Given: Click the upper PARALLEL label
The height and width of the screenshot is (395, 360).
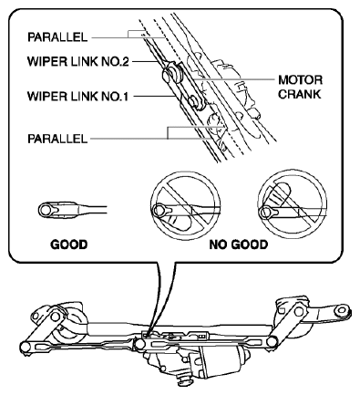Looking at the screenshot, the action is (57, 37).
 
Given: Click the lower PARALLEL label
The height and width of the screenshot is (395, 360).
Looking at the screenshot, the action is (57, 139).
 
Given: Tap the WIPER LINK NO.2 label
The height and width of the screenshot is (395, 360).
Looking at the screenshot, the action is (78, 61).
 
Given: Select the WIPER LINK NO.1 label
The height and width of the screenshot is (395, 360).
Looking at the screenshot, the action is (78, 97).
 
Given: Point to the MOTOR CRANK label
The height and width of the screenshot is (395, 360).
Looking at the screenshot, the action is (300, 87).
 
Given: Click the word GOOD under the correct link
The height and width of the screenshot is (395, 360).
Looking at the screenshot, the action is (69, 244).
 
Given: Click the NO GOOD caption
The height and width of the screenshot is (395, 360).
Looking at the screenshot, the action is (239, 244).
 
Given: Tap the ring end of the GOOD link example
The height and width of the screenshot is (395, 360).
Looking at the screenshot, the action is (46, 210).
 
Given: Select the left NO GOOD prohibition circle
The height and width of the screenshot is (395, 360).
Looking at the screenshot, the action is (185, 206).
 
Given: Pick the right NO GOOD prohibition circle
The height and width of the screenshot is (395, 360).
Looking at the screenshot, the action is (292, 206).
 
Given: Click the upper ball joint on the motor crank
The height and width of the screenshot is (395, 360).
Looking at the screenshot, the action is (172, 74).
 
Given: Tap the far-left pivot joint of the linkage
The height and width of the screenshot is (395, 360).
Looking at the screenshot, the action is (25, 347).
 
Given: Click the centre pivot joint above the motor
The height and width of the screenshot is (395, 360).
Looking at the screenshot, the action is (139, 344).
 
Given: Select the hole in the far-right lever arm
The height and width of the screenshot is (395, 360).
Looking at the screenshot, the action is (340, 310).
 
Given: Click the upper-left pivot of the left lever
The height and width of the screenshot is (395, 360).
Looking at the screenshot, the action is (55, 317).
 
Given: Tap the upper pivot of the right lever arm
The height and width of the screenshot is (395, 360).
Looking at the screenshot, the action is (299, 311).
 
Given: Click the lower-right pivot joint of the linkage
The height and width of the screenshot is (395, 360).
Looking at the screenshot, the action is (272, 342).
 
